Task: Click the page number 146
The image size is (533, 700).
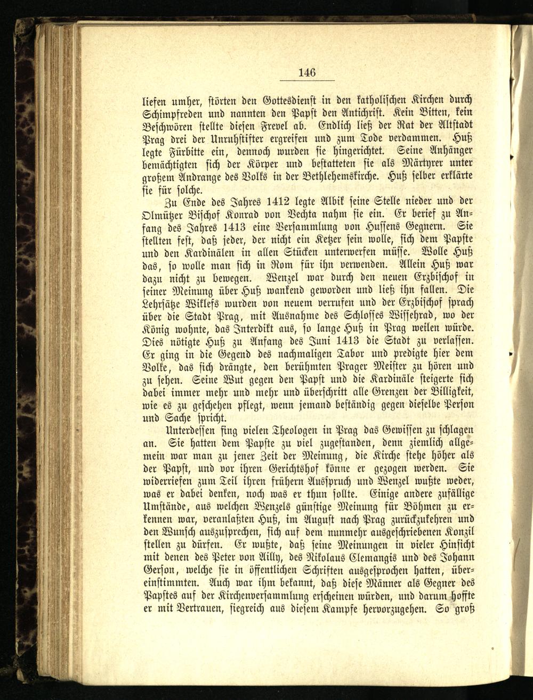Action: (x=307, y=72)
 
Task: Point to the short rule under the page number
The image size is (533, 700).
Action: (x=307, y=80)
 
